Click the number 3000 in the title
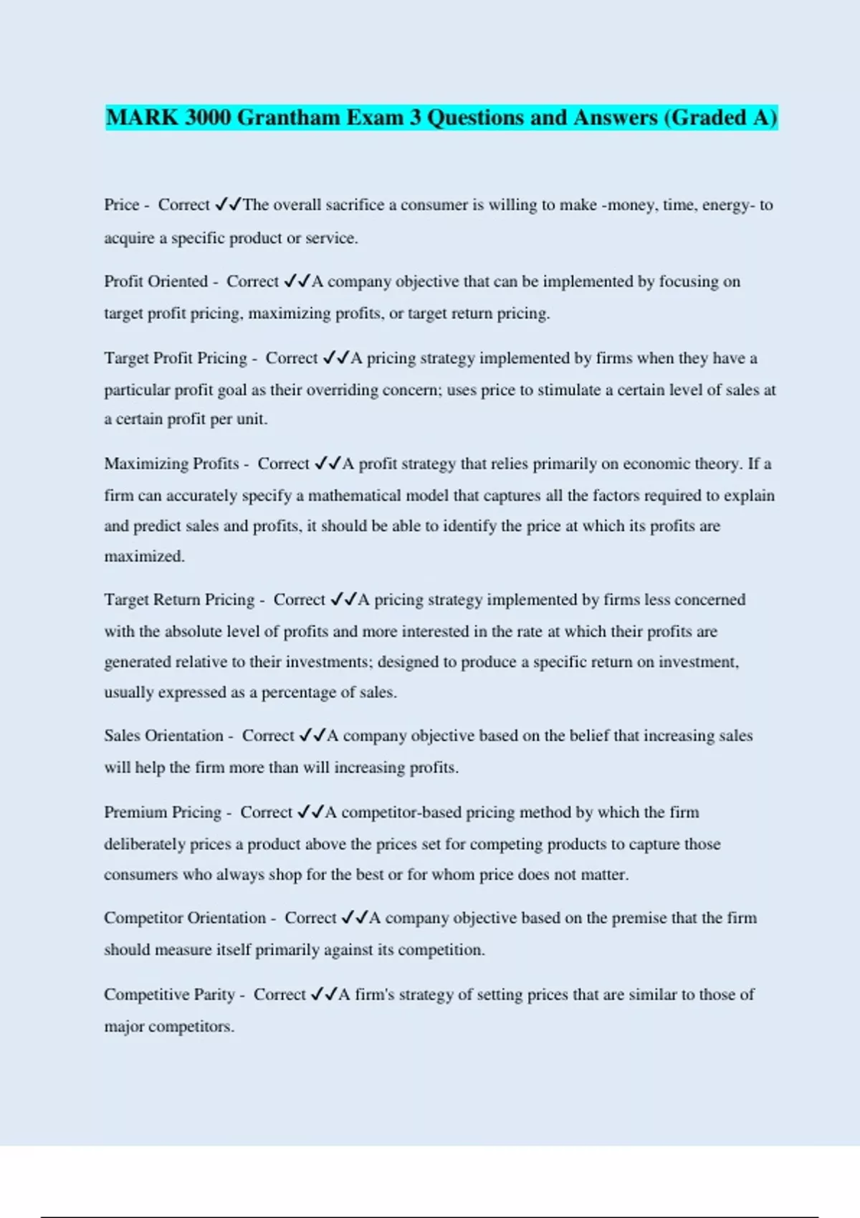(x=208, y=118)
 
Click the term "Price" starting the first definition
(x=121, y=205)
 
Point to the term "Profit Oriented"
(x=156, y=282)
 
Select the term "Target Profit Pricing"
(x=175, y=358)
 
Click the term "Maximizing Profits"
(x=171, y=464)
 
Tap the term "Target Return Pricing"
(x=179, y=600)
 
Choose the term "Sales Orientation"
(x=163, y=736)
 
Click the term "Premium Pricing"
(x=163, y=812)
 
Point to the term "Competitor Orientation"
(x=184, y=918)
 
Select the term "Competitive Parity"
(x=169, y=994)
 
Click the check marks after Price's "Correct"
(x=228, y=205)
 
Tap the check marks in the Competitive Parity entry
(x=324, y=994)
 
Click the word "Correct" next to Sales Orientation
(x=268, y=736)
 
